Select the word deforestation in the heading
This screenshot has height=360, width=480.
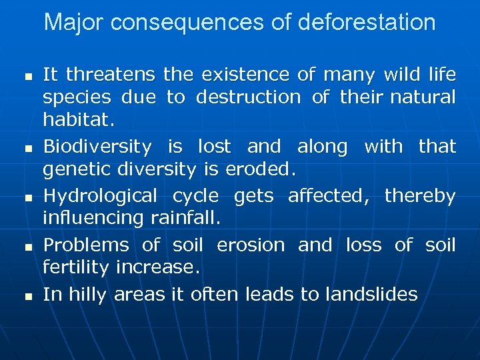[x=367, y=23]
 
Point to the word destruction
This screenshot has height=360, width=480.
[x=248, y=97]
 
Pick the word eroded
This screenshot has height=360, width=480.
[x=260, y=171]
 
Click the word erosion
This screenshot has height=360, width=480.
[x=250, y=245]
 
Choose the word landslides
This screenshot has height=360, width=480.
[x=371, y=294]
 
